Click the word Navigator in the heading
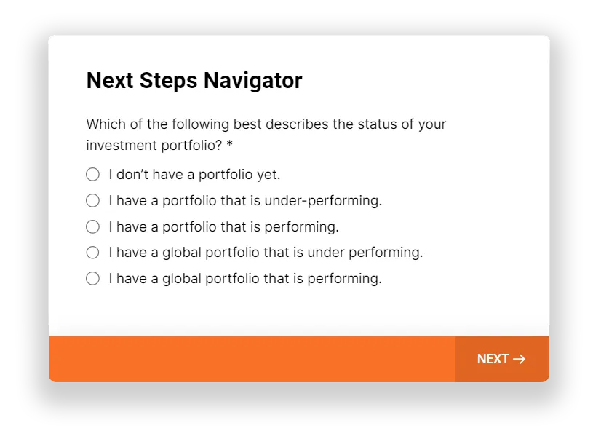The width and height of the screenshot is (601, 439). click(x=253, y=82)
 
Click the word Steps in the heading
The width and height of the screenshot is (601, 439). click(x=168, y=82)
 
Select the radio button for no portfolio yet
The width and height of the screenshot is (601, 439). click(x=92, y=175)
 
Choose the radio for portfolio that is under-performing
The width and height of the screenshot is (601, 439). click(x=92, y=200)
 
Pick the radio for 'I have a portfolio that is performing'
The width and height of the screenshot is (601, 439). click(x=92, y=226)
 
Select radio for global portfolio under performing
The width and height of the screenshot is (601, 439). click(x=92, y=253)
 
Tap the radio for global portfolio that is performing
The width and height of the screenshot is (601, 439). click(x=92, y=279)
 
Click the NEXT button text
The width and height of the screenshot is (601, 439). click(x=493, y=359)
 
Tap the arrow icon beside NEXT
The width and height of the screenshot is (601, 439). click(x=519, y=359)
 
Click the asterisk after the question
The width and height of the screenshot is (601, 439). click(x=230, y=143)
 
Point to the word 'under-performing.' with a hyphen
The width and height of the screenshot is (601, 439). click(x=324, y=201)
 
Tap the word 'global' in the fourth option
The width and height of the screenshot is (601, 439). click(x=182, y=253)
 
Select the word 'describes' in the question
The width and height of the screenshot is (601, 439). click(x=297, y=124)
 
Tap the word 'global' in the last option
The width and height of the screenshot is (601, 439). click(x=182, y=279)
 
